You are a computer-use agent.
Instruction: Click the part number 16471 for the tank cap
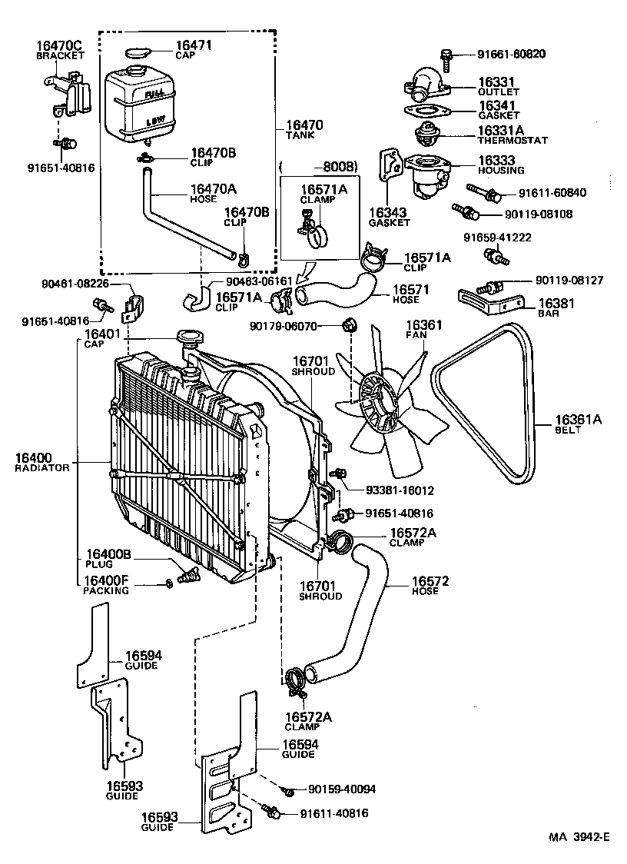[193, 47]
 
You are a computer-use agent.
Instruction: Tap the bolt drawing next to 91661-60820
[446, 55]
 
